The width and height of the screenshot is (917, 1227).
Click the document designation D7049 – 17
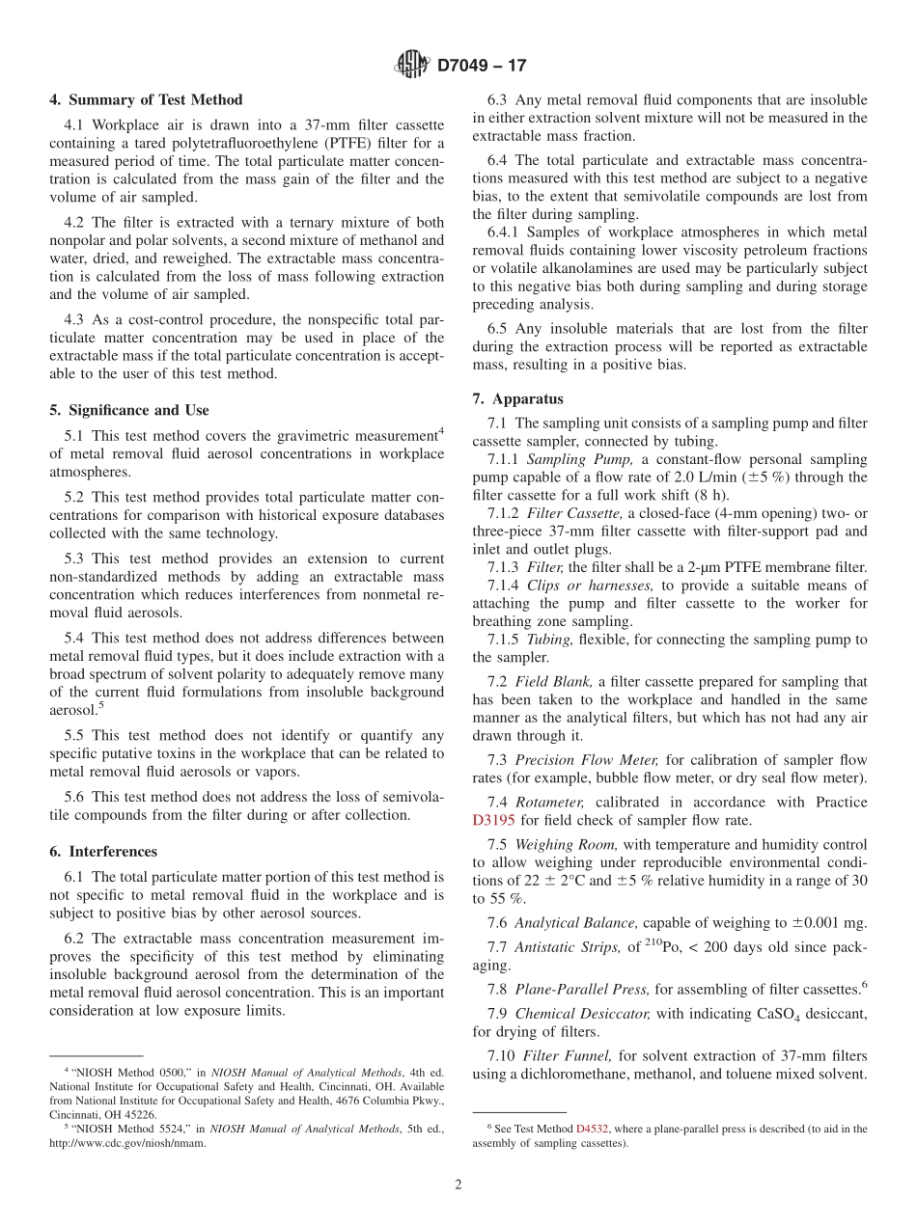pos(482,67)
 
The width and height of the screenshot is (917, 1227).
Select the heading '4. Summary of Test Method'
pos(146,100)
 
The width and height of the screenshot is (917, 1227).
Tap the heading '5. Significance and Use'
pos(129,410)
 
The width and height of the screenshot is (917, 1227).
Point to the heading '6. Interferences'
pos(103,852)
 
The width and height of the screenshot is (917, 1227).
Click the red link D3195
pos(493,821)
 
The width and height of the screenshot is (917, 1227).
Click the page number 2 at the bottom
pos(458,1185)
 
